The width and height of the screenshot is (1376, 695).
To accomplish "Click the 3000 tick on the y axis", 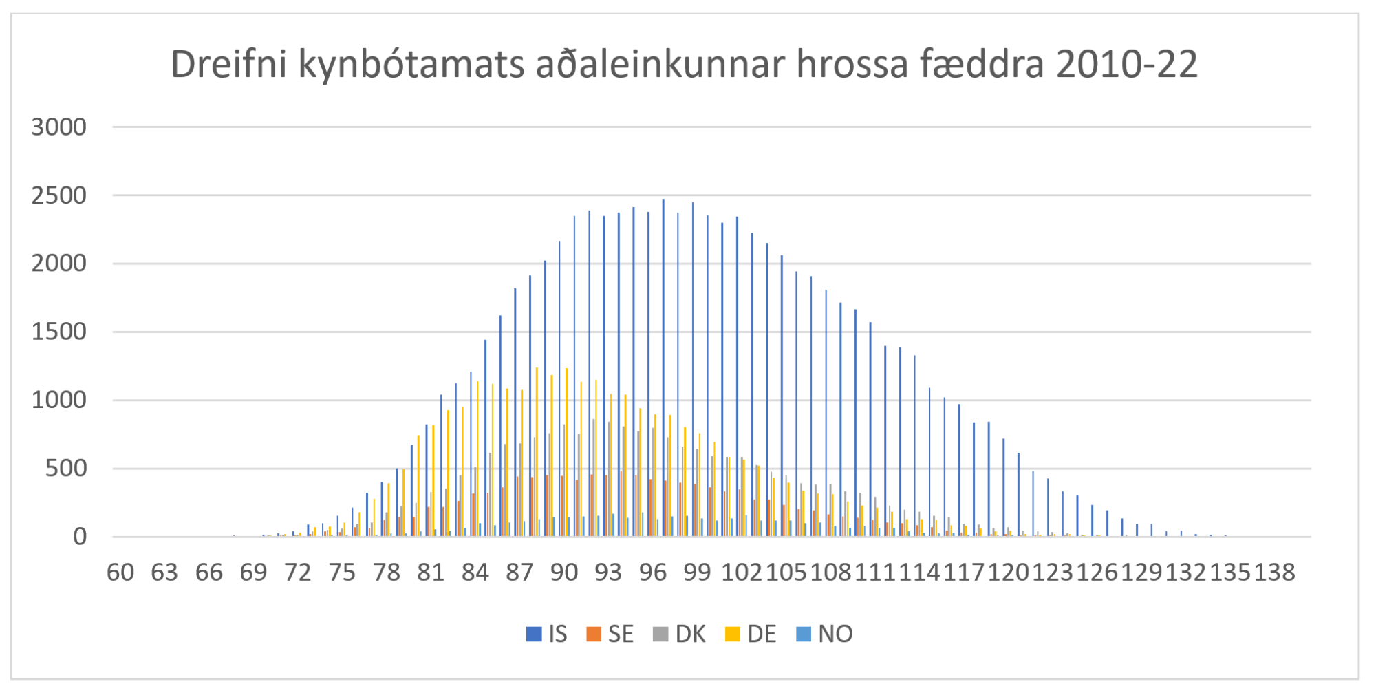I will tap(59, 127).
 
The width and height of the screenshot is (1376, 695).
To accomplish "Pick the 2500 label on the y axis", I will tap(59, 195).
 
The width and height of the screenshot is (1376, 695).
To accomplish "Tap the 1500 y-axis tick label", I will tap(59, 332).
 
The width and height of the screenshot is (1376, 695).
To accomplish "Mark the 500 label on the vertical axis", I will tap(66, 469).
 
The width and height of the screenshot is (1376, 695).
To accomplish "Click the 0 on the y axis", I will tap(80, 537).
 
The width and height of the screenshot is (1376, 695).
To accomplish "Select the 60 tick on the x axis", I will tap(120, 573).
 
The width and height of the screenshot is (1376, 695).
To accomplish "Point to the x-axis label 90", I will tap(564, 573).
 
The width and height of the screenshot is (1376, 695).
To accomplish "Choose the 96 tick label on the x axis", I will tap(653, 573).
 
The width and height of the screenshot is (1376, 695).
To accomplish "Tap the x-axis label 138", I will tap(1274, 573).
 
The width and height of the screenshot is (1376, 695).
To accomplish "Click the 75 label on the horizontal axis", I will tap(342, 573).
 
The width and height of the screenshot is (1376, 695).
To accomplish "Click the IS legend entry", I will tap(547, 634).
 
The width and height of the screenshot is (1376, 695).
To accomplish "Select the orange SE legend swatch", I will tap(594, 634).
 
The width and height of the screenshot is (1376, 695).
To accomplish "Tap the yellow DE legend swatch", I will tap(733, 634).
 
